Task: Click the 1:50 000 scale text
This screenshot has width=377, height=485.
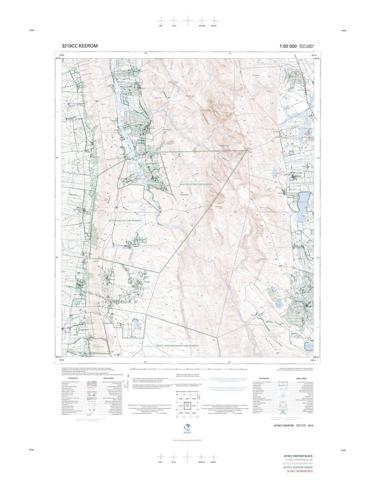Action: click(x=288, y=46)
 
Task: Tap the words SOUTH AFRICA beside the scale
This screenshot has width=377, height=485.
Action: click(x=306, y=45)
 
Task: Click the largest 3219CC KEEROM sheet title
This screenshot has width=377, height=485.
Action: click(x=80, y=46)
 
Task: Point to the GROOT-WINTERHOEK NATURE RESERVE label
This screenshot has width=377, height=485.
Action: click(x=177, y=346)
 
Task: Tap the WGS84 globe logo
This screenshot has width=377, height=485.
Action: click(x=187, y=428)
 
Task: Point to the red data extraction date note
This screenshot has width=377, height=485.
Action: click(x=187, y=440)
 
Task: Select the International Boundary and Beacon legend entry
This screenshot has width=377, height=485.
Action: click(x=266, y=382)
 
